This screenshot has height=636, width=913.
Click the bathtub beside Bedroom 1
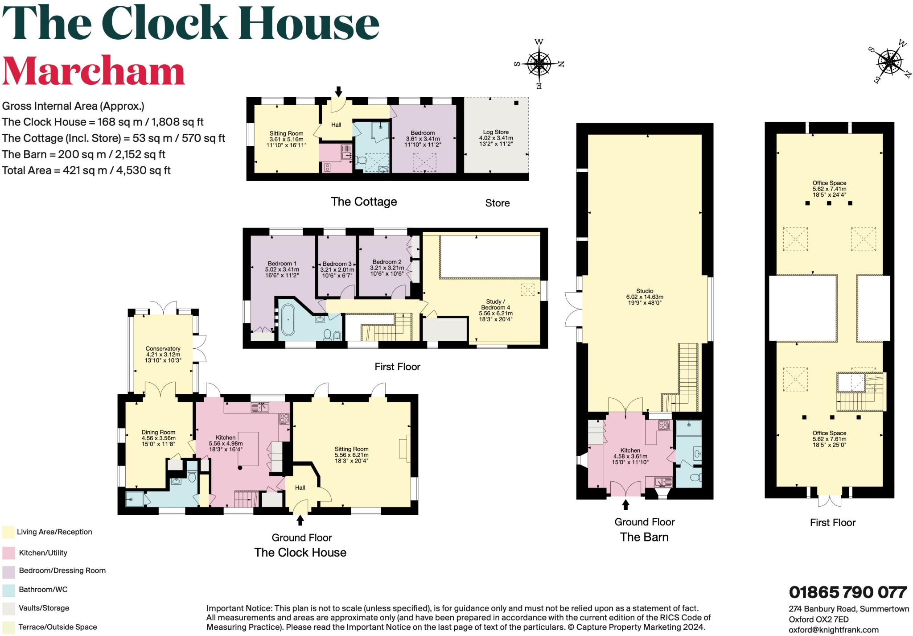point(288,320)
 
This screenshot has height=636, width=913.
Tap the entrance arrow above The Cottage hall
point(338,91)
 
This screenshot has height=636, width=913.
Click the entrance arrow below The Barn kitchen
point(625,504)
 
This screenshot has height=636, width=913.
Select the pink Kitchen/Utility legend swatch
point(8,553)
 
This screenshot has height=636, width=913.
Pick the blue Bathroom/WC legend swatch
point(8,590)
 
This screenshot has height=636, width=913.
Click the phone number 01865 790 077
point(847,592)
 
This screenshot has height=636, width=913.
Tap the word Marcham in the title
point(93,71)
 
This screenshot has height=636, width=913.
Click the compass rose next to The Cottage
point(539,64)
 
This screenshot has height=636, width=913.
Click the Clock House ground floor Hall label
point(300,487)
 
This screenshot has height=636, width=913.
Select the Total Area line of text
point(86,170)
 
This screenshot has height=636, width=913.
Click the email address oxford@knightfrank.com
point(833,630)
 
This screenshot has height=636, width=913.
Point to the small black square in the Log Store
point(516,103)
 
